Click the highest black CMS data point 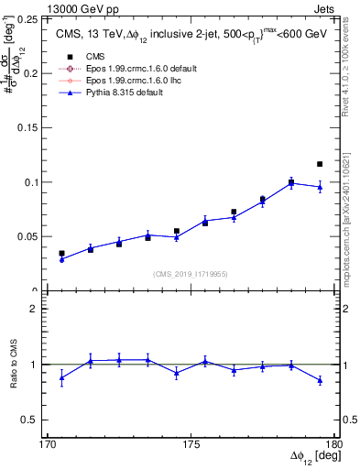click(x=320, y=164)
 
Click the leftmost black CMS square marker click(x=61, y=253)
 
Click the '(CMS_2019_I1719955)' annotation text click(x=191, y=273)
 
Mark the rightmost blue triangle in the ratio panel click(x=320, y=380)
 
